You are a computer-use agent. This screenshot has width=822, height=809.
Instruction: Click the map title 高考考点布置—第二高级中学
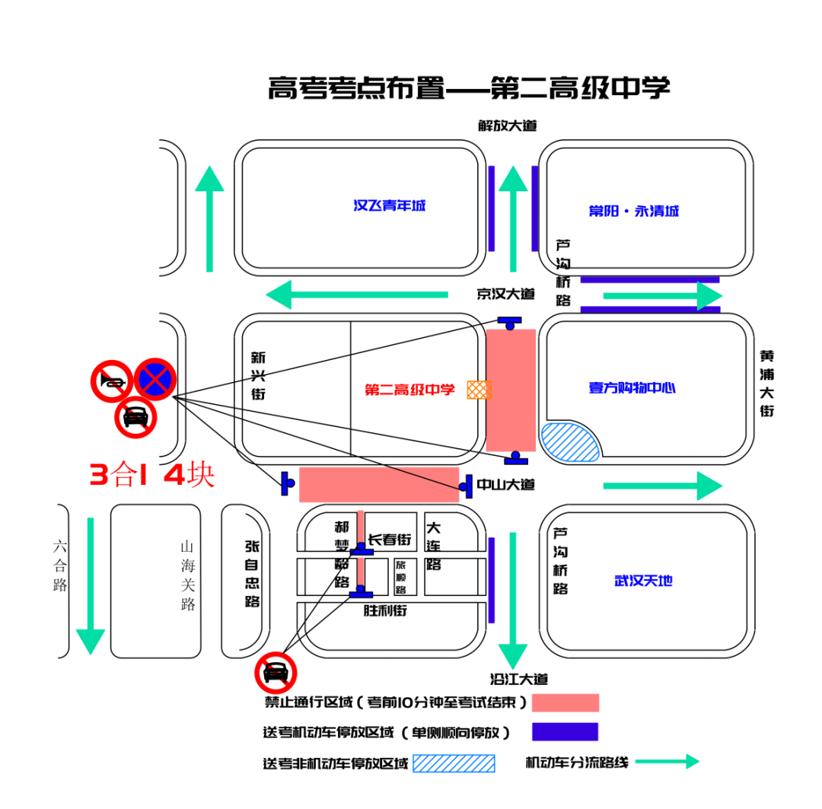468,88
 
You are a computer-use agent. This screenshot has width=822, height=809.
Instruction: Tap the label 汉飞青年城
390,205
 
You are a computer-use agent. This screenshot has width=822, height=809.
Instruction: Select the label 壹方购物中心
632,387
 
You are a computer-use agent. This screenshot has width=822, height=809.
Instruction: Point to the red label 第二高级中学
409,390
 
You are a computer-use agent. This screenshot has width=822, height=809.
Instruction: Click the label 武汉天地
643,581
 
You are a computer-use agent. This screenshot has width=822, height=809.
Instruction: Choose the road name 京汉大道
506,294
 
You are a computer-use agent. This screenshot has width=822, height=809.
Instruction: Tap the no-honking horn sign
112,381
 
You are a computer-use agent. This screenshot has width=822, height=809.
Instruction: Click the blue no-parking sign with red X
156,379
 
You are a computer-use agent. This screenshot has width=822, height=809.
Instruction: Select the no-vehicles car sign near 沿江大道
276,672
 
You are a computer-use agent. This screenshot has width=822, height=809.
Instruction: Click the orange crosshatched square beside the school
479,390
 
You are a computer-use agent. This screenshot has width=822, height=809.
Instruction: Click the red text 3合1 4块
152,476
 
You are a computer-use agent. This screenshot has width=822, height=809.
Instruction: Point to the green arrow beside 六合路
91,584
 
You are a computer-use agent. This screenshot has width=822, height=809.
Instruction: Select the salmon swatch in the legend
565,702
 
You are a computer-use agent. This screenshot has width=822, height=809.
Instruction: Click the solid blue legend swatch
565,731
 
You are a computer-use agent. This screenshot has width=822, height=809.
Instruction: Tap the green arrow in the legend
667,761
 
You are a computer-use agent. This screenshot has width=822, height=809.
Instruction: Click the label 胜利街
385,610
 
